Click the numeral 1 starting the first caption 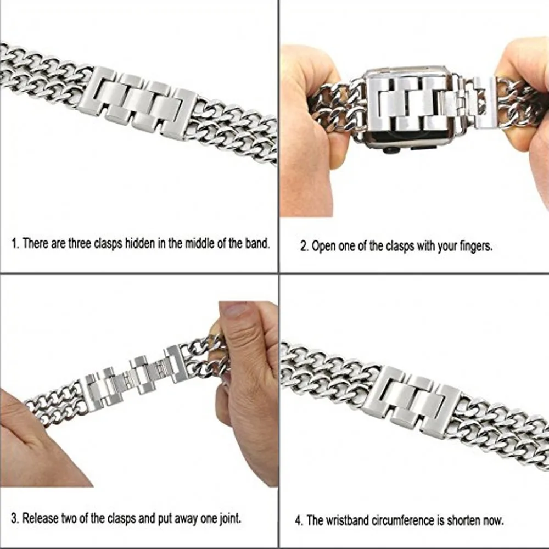pos(15,243)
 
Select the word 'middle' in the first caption pos(197,243)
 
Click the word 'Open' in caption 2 pos(323,247)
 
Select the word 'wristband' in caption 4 pos(346,519)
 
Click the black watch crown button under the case pos(390,149)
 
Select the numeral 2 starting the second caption pos(303,247)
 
